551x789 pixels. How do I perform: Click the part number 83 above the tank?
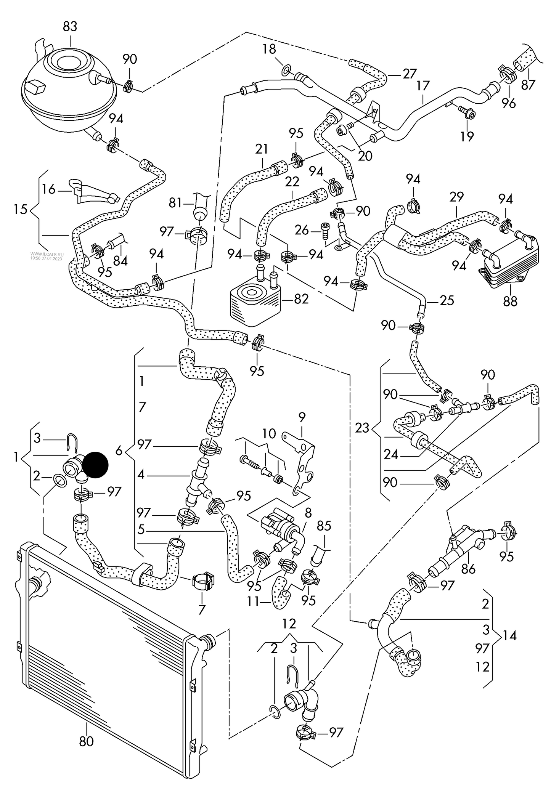pos(70,27)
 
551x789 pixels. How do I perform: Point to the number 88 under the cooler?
pos(510,301)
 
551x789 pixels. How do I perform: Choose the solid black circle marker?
pos(96,465)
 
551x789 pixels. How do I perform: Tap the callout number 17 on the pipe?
pos(423,85)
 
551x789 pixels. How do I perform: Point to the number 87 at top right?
pos(529,85)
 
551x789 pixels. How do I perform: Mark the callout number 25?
pos(447,301)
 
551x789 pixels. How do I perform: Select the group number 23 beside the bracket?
pos(362,428)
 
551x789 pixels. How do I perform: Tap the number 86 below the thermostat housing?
pos(469,569)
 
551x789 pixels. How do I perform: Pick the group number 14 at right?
pos(509,635)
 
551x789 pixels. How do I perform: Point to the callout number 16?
pos(48,189)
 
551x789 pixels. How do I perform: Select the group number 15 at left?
pos(20,209)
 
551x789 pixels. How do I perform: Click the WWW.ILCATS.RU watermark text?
pos(46,254)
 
